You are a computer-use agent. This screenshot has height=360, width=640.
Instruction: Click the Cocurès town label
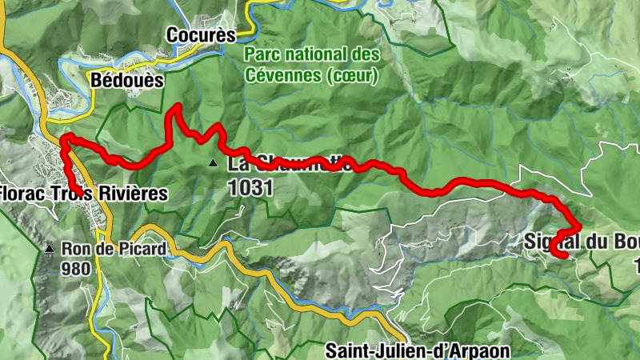[202, 35]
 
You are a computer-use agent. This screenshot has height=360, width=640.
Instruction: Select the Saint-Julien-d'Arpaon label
[417, 350]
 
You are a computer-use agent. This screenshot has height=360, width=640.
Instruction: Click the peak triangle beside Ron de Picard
[50, 249]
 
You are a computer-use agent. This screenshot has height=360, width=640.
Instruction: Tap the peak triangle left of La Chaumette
[213, 164]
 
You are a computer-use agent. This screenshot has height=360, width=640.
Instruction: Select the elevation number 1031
[251, 188]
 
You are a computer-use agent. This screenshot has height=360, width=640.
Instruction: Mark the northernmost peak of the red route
[175, 106]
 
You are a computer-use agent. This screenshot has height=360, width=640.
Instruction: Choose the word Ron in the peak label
[74, 249]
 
